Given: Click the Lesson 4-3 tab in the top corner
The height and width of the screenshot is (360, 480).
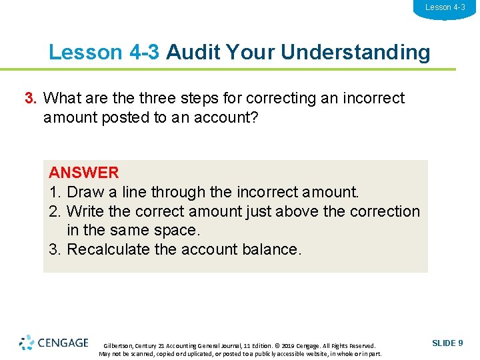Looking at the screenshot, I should (x=445, y=8).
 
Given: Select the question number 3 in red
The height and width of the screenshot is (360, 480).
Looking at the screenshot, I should (x=30, y=99).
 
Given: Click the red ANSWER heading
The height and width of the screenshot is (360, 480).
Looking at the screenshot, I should (x=83, y=173).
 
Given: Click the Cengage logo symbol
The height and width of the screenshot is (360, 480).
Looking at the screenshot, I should (x=26, y=343).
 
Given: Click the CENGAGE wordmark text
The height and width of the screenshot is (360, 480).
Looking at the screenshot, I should (x=63, y=343).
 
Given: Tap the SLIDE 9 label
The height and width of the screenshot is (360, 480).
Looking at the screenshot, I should (x=447, y=343).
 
